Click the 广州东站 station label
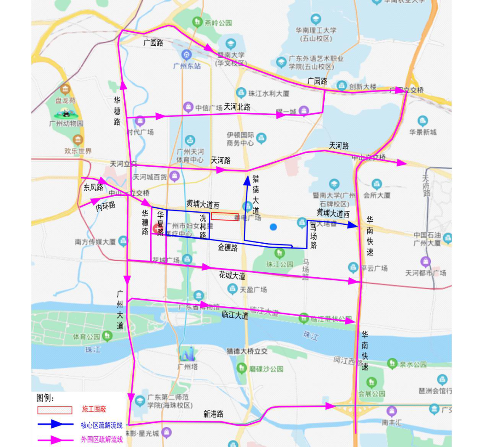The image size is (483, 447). point(186,66)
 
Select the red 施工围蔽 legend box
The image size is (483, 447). point(55,410)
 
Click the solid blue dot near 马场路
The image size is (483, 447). point(273,227)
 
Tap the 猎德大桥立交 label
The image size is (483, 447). point(247,352)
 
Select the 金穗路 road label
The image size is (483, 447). point(228,247)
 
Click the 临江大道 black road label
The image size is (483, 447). point(235,315)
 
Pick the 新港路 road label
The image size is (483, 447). point(213,414)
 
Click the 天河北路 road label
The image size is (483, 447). point(237,107)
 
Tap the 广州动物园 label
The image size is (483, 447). point(68,123)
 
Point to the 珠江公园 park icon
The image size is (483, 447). point(280,254)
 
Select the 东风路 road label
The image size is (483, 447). point(93,187)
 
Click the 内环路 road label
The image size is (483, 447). point(106,206)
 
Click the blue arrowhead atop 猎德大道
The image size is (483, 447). point(246,180)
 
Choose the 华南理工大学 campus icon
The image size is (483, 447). point(316,19)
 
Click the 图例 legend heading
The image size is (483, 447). point(45,398)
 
